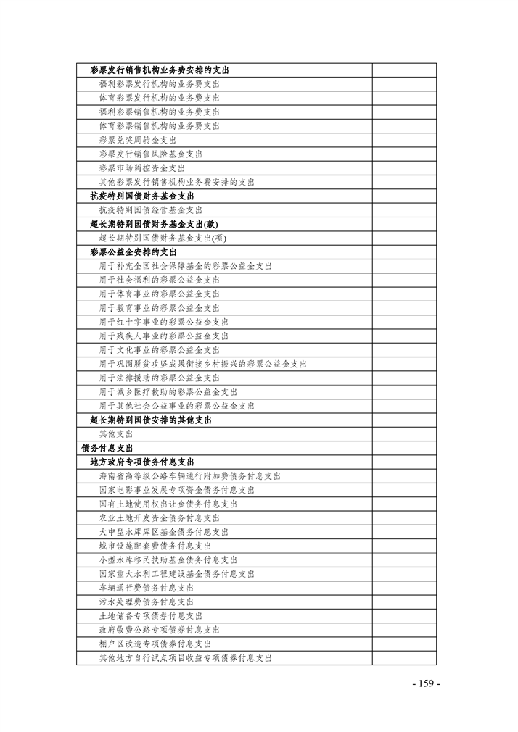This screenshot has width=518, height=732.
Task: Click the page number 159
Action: tap(426, 684)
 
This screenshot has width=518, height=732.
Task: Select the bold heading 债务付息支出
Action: tap(107, 448)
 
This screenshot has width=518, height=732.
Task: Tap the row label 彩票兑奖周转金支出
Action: tap(138, 140)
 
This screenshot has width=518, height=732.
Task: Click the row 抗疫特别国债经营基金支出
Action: tap(151, 209)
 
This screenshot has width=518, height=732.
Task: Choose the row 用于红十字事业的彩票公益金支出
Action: tap(164, 322)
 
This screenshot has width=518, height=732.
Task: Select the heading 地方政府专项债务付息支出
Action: tap(141, 462)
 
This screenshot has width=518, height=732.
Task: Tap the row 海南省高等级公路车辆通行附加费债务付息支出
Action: tap(190, 476)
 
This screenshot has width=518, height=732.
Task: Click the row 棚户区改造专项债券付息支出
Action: tap(155, 644)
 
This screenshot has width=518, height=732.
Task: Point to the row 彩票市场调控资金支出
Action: tap(142, 167)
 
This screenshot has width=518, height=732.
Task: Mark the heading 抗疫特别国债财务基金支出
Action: tap(141, 196)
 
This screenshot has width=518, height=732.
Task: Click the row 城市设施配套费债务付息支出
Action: tap(155, 546)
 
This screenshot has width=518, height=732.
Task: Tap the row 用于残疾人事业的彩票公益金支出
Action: tap(164, 336)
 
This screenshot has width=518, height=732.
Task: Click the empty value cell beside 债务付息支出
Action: tap(404, 448)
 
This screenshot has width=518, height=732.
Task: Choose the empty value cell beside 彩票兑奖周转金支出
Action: tap(404, 140)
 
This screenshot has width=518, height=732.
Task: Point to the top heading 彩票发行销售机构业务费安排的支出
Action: tap(160, 70)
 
